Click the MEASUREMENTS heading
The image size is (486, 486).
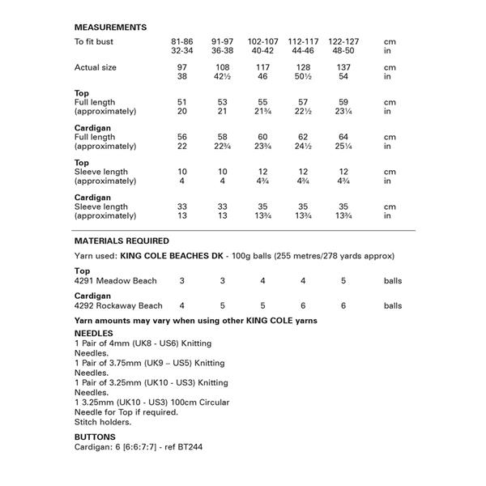[110, 28]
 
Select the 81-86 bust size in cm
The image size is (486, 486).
[181, 40]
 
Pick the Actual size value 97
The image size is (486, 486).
[181, 67]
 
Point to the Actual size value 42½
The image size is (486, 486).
[223, 77]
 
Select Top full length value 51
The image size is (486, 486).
[181, 103]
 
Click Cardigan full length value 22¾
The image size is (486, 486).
[223, 147]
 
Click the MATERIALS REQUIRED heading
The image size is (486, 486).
[122, 241]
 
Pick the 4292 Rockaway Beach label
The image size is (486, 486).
[118, 306]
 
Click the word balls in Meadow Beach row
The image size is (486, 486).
[393, 280]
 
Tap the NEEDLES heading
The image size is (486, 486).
[93, 333]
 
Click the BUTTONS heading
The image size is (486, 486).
[95, 436]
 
